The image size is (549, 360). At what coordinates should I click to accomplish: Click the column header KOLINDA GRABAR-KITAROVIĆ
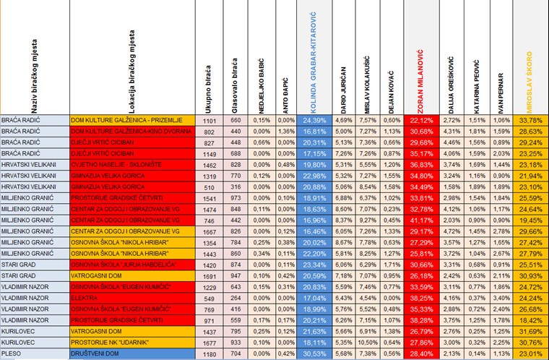point(311,59)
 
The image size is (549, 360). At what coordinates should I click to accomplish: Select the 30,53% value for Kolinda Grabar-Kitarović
point(312,354)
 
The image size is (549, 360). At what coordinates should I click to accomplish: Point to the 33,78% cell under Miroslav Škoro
point(531,120)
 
